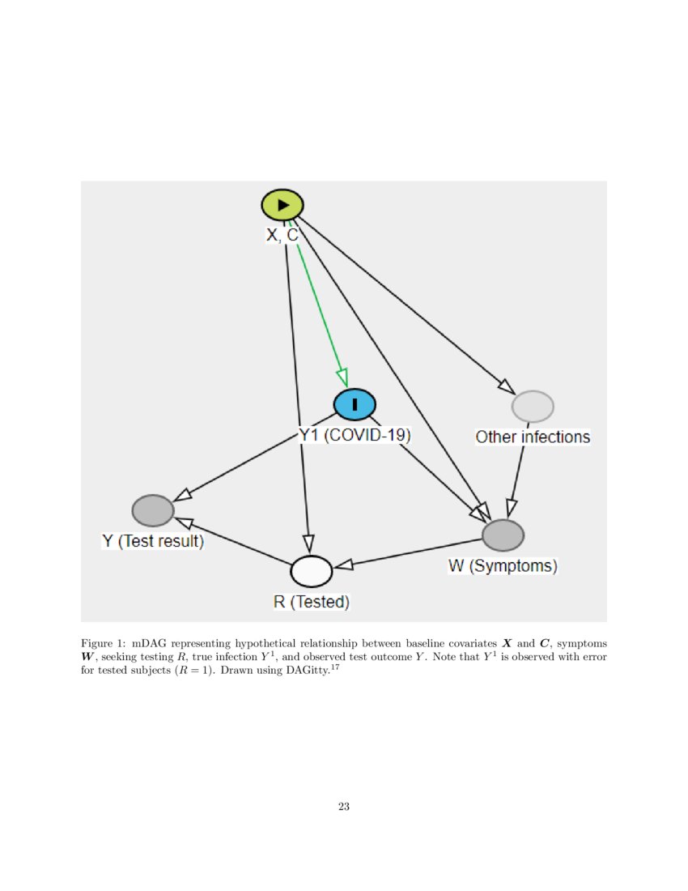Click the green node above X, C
(282, 205)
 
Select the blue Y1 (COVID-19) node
(355, 404)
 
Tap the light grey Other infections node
(533, 406)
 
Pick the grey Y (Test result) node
(153, 510)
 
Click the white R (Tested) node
(312, 571)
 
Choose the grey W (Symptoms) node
(503, 535)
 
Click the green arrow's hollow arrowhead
(342, 377)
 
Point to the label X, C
(282, 235)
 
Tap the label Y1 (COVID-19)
(355, 435)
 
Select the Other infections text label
(533, 437)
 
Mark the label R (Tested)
(312, 602)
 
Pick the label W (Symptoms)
(503, 566)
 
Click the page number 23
(344, 806)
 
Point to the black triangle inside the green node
(282, 205)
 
